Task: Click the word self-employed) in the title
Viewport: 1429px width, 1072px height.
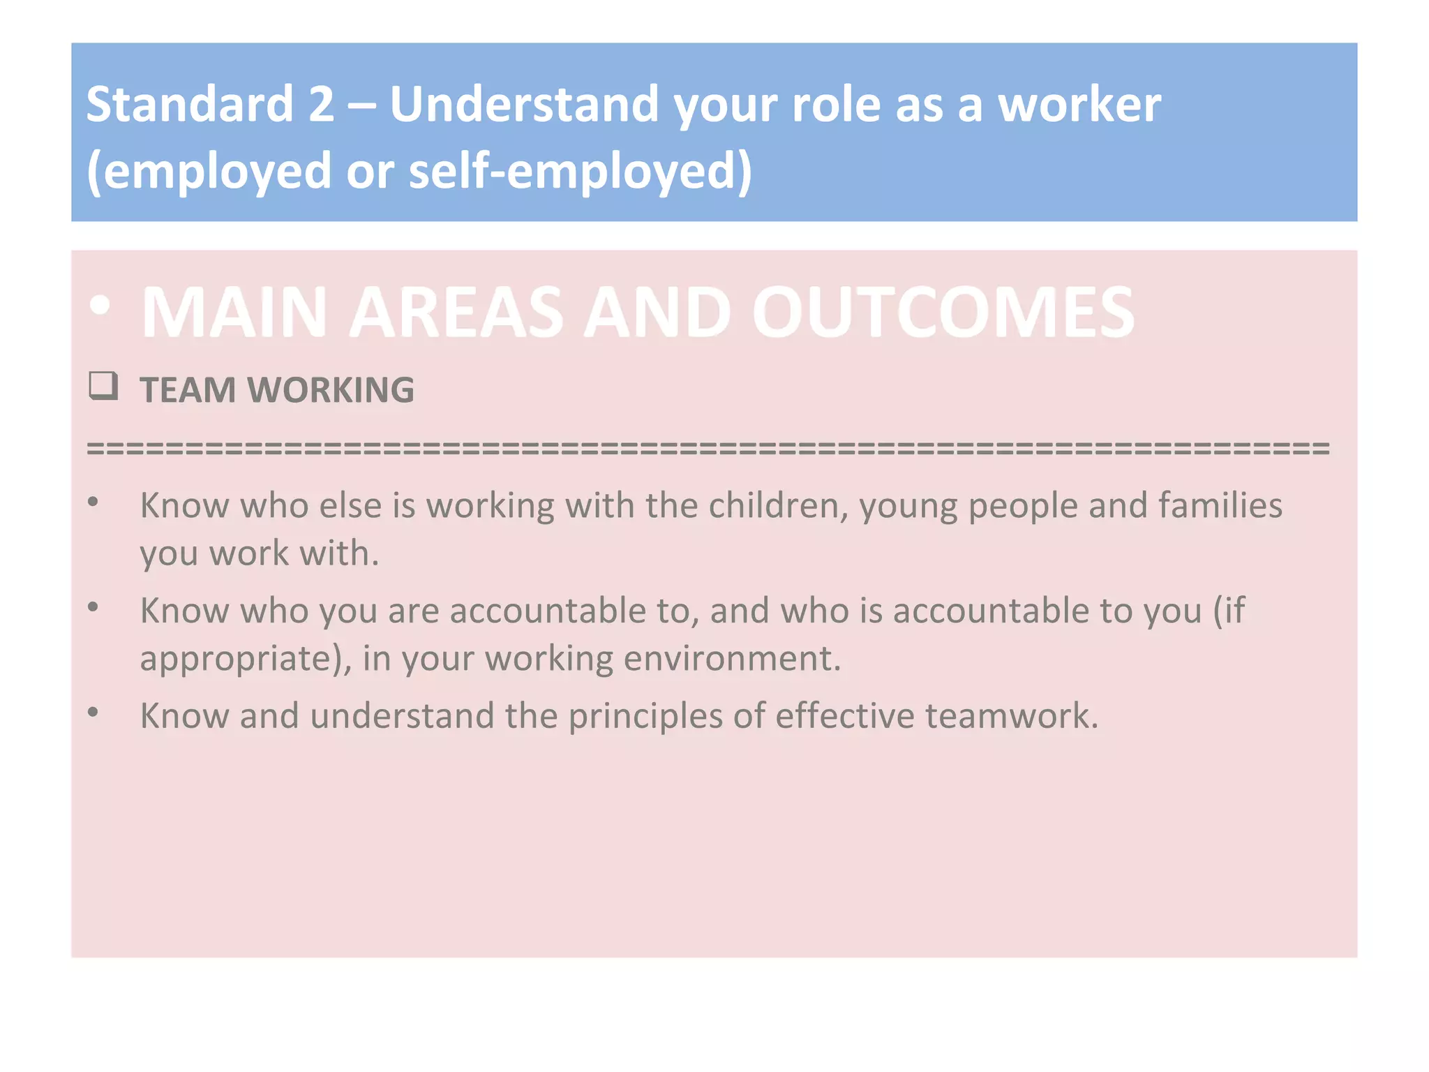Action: [581, 171]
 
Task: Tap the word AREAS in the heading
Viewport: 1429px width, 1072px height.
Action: [456, 312]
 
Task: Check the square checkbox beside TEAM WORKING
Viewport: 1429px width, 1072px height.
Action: [103, 386]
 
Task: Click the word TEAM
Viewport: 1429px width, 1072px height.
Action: [188, 389]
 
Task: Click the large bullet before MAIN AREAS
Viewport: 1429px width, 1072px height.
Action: [100, 306]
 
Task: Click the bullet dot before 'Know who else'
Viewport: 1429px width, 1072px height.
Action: [93, 502]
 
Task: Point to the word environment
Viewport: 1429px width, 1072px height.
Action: [732, 658]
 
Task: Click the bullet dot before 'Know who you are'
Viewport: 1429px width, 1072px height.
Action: [93, 607]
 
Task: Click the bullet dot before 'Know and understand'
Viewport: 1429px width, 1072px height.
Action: [93, 712]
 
